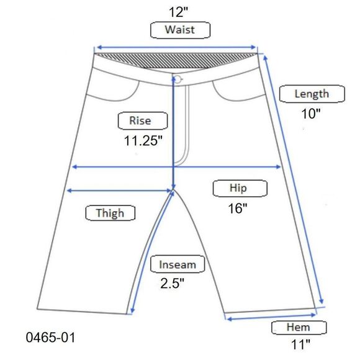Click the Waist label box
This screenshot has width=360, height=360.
coord(180,30)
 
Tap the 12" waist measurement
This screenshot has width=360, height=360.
coord(178,12)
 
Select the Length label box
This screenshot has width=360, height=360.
coord(312,94)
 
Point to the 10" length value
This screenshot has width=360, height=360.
coord(310,114)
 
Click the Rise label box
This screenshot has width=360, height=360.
coord(143,121)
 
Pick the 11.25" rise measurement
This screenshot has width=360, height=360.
coord(143,140)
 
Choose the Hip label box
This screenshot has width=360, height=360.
coord(240,188)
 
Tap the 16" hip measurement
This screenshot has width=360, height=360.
coord(238,209)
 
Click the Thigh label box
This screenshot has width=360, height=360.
coord(110,213)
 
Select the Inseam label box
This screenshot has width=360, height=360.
coord(178,264)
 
